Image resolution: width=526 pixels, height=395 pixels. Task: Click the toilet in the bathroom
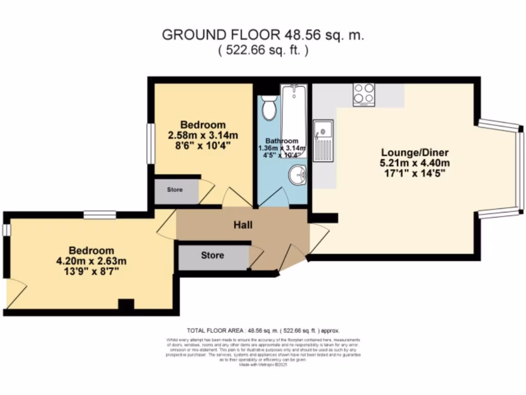(269, 108)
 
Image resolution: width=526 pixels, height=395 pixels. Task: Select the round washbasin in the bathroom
(296, 176)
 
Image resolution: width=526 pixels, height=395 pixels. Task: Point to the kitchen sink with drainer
(324, 140)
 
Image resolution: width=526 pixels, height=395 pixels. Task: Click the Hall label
(243, 225)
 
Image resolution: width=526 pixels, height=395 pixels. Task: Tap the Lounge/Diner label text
(415, 153)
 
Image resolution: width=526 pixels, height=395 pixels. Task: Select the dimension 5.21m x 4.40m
(415, 163)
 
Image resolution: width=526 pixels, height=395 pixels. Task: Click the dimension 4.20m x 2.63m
(91, 261)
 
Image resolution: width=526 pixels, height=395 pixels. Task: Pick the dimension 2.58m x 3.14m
(203, 135)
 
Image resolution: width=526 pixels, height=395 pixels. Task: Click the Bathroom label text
(281, 141)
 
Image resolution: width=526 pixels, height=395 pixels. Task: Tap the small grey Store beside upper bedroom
(175, 190)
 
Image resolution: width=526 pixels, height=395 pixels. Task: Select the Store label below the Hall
(212, 255)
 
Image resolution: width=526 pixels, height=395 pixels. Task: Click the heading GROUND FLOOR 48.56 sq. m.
(263, 35)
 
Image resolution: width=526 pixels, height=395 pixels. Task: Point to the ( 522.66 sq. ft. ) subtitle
(263, 50)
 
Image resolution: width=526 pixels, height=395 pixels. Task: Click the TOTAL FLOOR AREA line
(263, 331)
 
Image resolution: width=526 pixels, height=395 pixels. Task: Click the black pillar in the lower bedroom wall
(126, 304)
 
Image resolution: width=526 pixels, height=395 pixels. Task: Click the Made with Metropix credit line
(263, 364)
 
